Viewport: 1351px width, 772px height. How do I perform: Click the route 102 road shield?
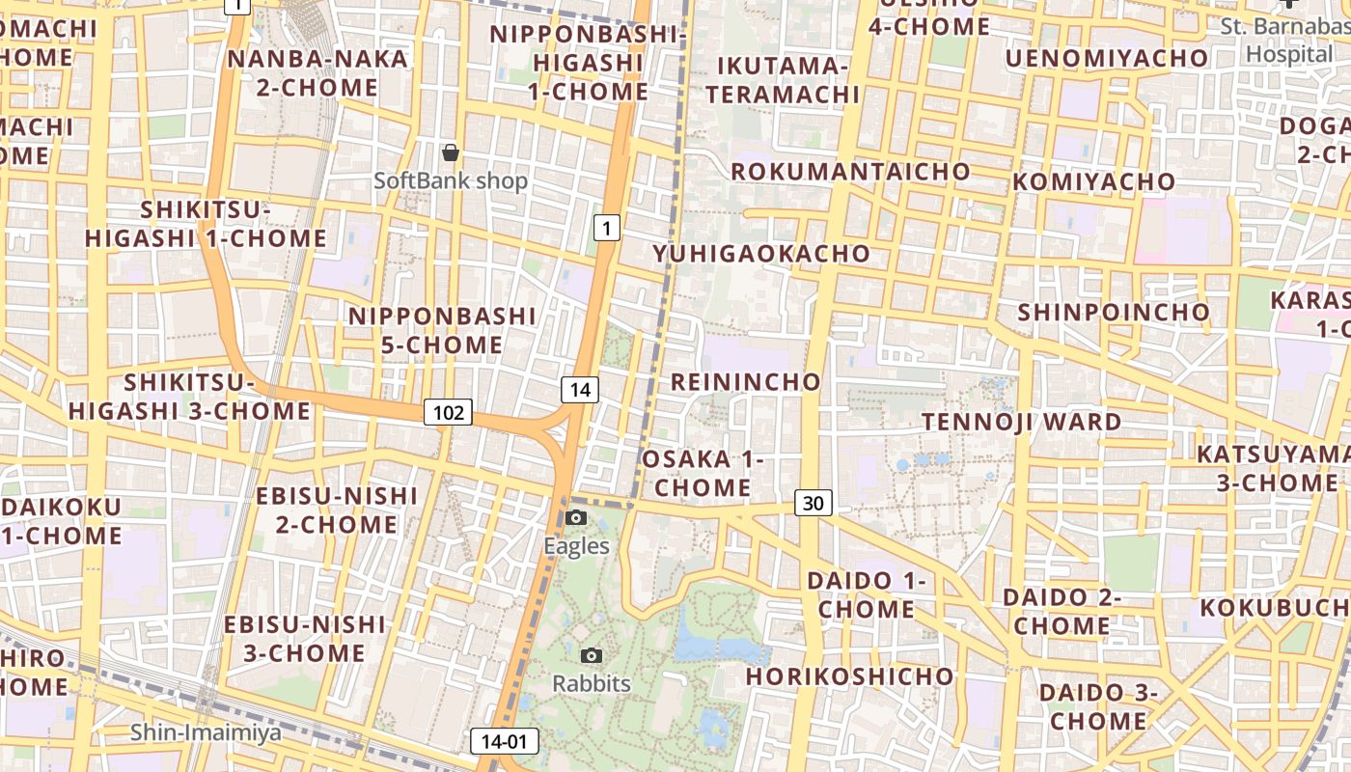click(x=448, y=413)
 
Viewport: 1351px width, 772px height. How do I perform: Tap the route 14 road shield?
click(x=579, y=390)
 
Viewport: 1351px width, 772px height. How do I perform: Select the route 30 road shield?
click(x=813, y=503)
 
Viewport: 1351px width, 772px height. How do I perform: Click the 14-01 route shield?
click(x=504, y=741)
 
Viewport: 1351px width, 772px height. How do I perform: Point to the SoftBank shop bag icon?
click(x=450, y=152)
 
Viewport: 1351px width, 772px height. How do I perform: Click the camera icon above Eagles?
click(x=576, y=518)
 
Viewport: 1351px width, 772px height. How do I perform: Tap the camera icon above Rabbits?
click(x=592, y=656)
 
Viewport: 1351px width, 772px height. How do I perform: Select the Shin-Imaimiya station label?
click(x=207, y=732)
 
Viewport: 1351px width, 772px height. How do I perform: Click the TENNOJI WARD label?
click(x=1022, y=422)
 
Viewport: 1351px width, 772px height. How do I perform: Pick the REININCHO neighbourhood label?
click(x=745, y=381)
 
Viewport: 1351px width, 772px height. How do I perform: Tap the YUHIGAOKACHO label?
click(x=761, y=254)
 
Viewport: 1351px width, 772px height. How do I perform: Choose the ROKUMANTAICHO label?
click(x=850, y=172)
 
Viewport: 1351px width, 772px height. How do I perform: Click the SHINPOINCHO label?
click(x=1113, y=312)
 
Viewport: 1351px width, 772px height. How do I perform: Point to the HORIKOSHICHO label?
click(x=849, y=675)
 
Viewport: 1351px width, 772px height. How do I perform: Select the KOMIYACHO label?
click(x=1093, y=181)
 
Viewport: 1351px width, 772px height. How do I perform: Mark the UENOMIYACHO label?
click(x=1106, y=59)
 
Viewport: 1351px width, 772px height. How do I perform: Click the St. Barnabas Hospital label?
click(x=1287, y=40)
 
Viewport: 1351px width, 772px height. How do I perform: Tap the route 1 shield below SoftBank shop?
click(x=605, y=228)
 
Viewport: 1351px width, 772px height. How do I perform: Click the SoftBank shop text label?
click(x=451, y=180)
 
